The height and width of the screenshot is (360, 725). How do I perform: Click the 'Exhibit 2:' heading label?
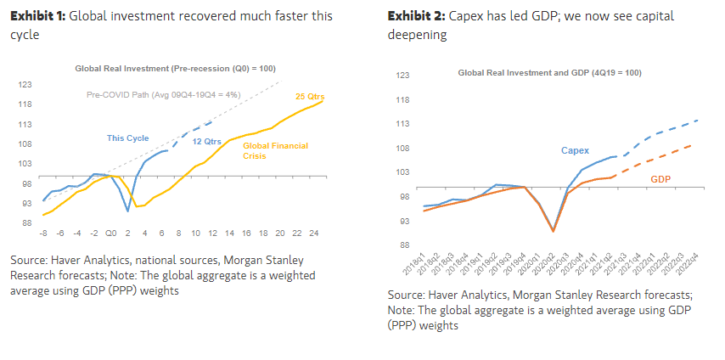tap(413, 16)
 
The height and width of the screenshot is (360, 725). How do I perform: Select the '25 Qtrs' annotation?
tap(308, 96)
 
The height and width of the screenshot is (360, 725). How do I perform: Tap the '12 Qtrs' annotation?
tap(207, 141)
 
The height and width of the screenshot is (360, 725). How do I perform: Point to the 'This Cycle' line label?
tap(128, 138)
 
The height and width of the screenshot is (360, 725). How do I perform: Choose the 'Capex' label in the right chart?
tap(575, 150)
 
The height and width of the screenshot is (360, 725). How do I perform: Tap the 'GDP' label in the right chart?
tap(661, 179)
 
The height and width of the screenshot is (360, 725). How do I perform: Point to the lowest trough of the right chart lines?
tap(554, 230)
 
